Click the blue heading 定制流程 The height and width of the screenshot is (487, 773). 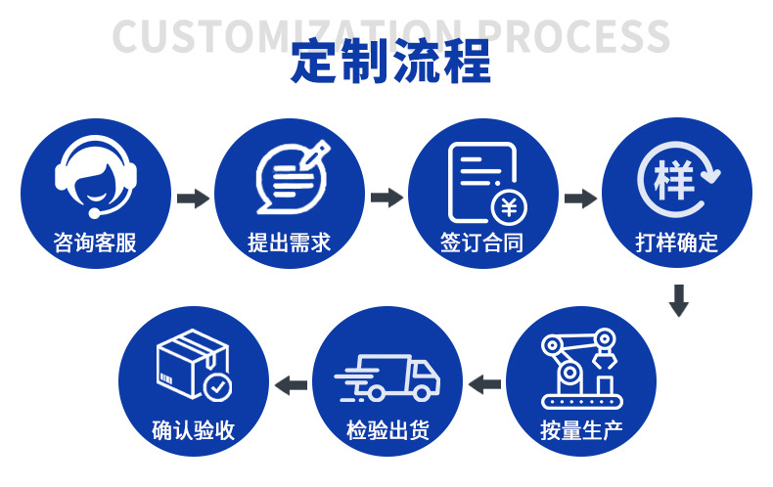pos(390,62)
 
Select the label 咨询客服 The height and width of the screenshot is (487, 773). pos(95,242)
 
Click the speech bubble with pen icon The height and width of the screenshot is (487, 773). pos(291,176)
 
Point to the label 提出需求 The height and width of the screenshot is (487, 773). pos(290,242)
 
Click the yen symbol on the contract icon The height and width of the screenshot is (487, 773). pos(508,206)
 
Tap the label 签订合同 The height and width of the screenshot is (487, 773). pos(482,242)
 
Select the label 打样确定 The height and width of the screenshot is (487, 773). pos(677,242)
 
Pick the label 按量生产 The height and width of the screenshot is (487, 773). pos(581,429)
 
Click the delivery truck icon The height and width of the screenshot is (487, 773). pos(387,377)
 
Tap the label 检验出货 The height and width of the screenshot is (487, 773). pos(387,429)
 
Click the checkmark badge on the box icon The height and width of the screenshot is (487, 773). pos(217,387)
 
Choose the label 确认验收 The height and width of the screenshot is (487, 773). pos(194,429)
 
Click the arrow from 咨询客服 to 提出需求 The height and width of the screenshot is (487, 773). pos(193,199)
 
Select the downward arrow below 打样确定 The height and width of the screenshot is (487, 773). pos(678,300)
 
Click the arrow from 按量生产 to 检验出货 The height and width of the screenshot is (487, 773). pos(484,383)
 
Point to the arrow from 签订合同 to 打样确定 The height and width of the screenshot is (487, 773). pos(580,199)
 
